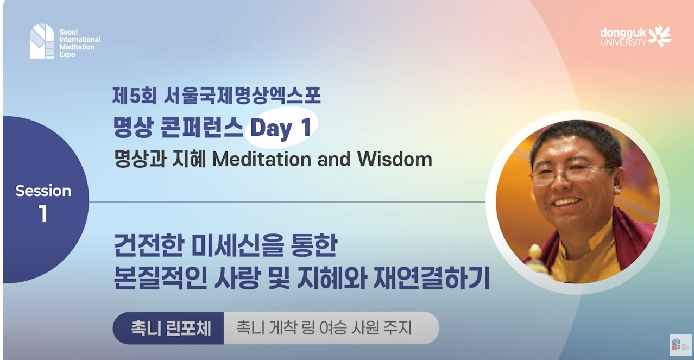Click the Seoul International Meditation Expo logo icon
(x=42, y=41)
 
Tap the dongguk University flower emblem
(x=660, y=35)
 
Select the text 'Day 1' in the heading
(x=280, y=128)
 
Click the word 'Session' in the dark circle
(x=43, y=191)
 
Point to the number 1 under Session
(x=43, y=214)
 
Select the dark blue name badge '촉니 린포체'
(x=169, y=328)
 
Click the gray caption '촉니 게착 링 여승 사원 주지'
(x=324, y=328)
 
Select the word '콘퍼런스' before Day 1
(x=207, y=128)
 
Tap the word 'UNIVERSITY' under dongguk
(x=623, y=42)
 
